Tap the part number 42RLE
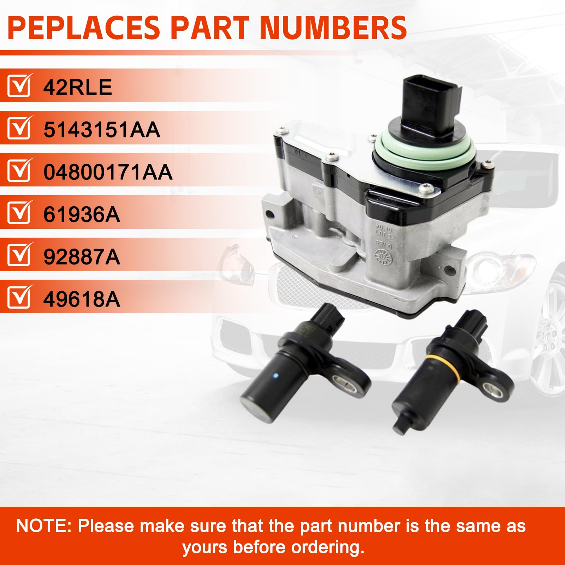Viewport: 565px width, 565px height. [78, 87]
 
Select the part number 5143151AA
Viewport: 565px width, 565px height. [102, 130]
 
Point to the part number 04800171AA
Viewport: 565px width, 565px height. [108, 172]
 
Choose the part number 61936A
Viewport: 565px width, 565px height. [82, 214]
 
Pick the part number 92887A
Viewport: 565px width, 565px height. [82, 257]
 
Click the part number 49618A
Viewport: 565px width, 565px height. [82, 299]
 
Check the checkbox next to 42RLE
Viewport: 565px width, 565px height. [19, 86]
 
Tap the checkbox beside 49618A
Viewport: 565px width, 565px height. [19, 298]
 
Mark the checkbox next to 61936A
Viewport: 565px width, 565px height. [19, 213]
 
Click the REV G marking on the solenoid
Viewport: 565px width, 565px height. [383, 243]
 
